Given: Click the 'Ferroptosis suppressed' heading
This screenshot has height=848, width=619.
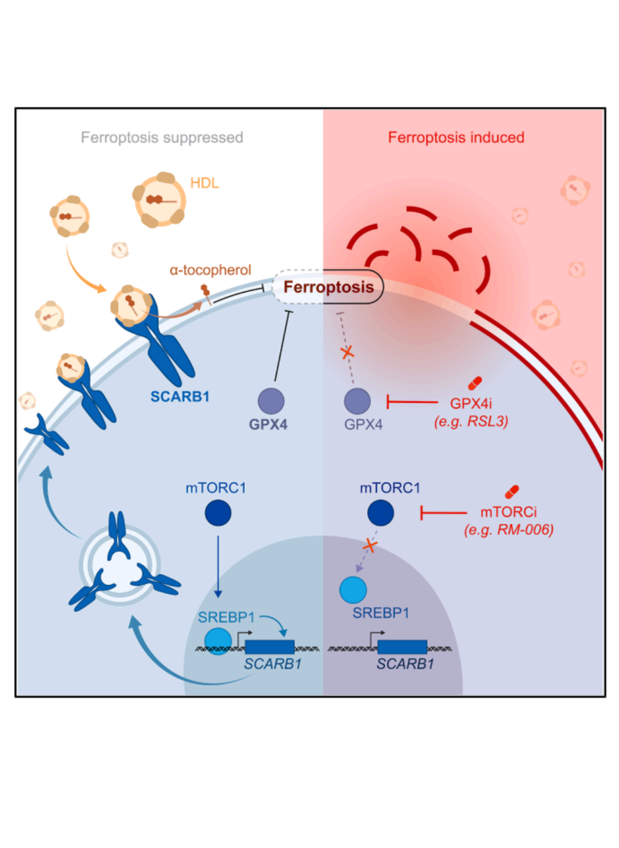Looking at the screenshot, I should click(162, 138).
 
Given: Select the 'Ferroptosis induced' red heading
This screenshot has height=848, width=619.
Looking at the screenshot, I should click(456, 138).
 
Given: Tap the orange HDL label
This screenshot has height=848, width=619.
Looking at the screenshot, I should click(204, 183).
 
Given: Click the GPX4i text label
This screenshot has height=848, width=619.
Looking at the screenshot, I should click(471, 404).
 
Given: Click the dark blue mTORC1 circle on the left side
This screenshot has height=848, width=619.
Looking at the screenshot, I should click(218, 513).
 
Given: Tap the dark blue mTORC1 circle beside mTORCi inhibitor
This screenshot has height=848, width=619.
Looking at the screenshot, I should click(380, 513).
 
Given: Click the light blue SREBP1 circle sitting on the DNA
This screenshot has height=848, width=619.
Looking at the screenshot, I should click(218, 641).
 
